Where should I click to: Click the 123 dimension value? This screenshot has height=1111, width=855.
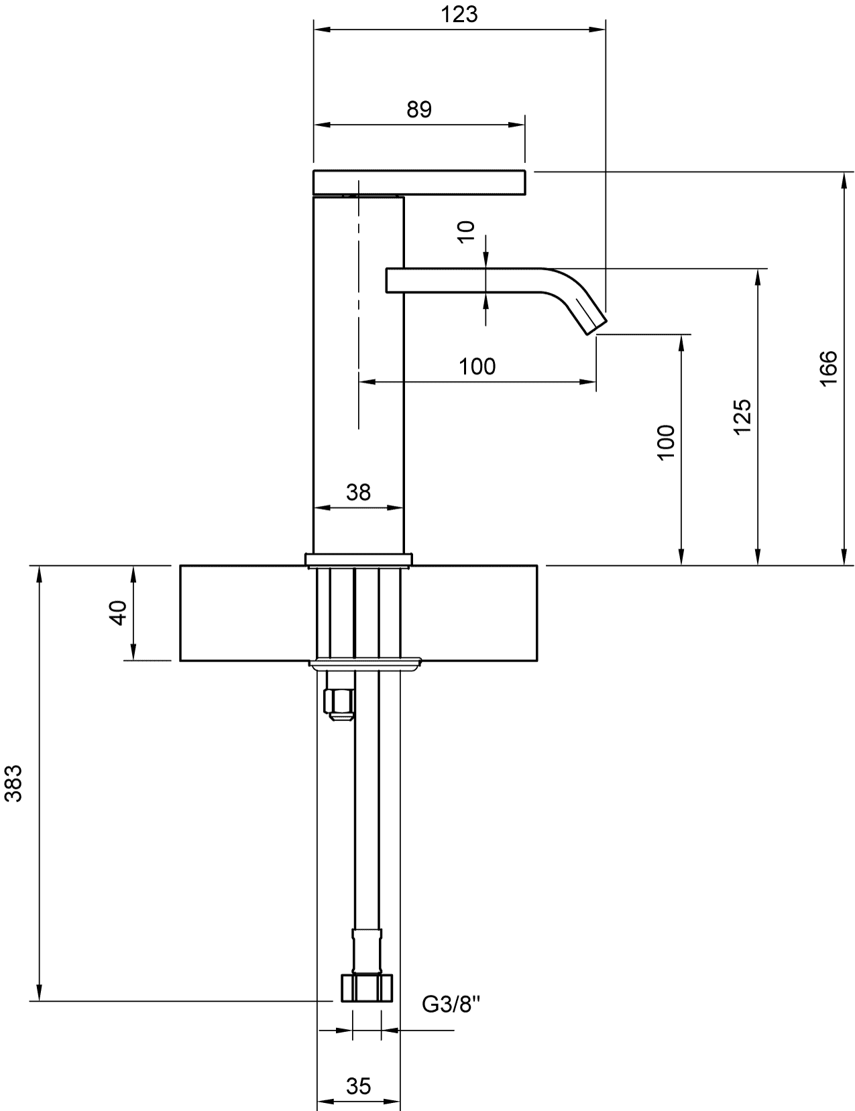(459, 14)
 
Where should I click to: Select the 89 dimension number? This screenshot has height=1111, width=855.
(419, 109)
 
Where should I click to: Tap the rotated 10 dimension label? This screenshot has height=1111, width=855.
(466, 232)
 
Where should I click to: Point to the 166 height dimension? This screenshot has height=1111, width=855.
(828, 369)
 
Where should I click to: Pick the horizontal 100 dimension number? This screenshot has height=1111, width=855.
(477, 367)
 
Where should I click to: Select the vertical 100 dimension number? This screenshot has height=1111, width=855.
(666, 443)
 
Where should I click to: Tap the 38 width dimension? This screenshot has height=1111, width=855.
(358, 493)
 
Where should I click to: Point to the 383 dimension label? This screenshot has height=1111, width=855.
(13, 783)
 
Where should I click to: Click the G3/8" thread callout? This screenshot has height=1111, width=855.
(451, 1004)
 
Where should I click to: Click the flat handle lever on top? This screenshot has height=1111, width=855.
(419, 182)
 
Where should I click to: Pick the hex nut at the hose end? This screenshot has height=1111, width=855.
(366, 988)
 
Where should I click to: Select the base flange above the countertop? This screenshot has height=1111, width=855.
(358, 560)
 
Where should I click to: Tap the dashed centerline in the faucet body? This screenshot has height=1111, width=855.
(359, 304)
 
